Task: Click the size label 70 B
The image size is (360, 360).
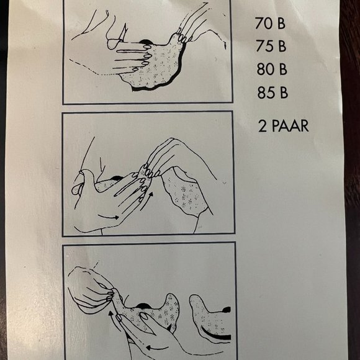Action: (x=270, y=24)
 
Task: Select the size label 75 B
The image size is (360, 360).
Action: (x=271, y=46)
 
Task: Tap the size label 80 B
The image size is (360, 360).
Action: (x=272, y=69)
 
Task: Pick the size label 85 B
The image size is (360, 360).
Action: (x=272, y=92)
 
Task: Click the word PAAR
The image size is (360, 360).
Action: (x=290, y=126)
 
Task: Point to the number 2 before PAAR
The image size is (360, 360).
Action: (x=263, y=126)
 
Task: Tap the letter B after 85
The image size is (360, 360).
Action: (x=284, y=92)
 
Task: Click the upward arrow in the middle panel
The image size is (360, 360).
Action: (x=146, y=201)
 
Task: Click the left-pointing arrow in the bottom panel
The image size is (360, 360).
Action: (x=157, y=348)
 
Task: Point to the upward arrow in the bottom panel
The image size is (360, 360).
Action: (x=114, y=321)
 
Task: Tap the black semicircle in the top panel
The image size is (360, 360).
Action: (x=145, y=42)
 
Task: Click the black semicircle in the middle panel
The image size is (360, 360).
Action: (x=117, y=178)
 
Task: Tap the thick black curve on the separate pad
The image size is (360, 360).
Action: (x=215, y=335)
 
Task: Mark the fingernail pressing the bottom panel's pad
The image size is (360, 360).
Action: (x=145, y=316)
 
